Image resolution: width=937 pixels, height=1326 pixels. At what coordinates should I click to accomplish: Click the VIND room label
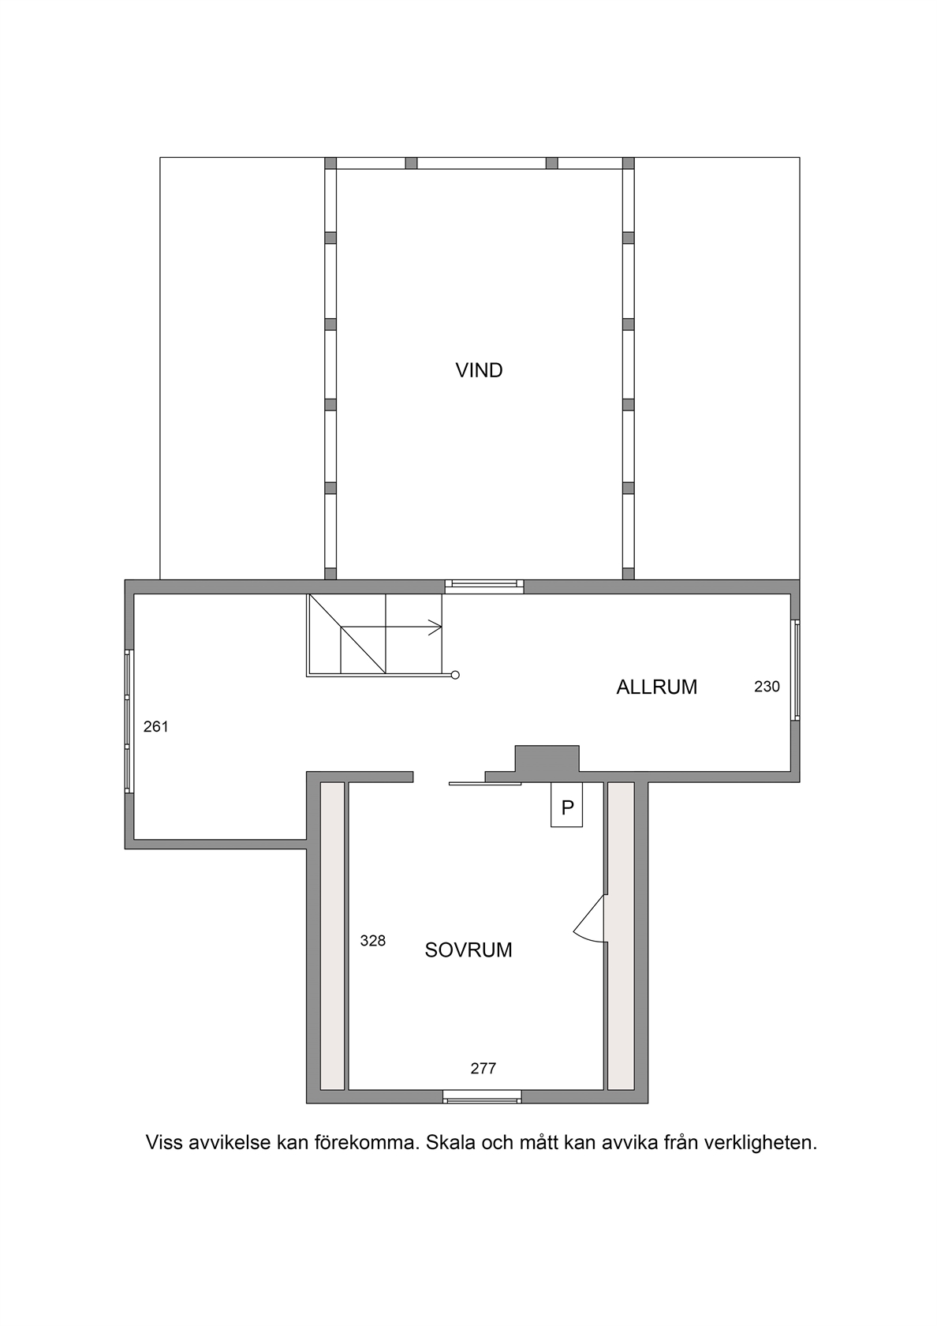click(480, 371)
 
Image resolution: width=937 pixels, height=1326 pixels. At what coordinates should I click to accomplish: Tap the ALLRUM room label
click(656, 687)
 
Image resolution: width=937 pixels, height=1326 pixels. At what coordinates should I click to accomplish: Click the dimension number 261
click(156, 726)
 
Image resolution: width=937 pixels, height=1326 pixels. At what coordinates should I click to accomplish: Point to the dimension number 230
click(767, 687)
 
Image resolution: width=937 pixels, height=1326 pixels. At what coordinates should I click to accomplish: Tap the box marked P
click(566, 805)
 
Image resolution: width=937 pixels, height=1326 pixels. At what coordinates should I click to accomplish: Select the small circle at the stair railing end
click(455, 675)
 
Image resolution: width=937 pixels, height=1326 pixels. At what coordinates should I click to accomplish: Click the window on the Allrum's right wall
click(796, 670)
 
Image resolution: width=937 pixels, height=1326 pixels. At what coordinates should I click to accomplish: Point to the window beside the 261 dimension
click(128, 721)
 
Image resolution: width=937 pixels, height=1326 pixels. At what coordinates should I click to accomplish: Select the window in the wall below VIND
click(484, 586)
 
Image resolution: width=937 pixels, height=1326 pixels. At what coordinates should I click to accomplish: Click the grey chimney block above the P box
click(547, 759)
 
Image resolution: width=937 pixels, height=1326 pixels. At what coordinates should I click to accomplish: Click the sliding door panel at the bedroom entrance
click(485, 784)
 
